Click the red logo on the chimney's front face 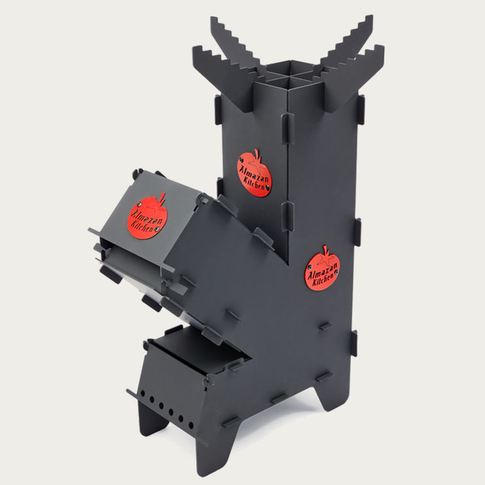[x=254, y=174]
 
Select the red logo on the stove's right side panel [x=323, y=269]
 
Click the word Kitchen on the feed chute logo [x=142, y=226]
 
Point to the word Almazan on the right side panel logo [x=321, y=269]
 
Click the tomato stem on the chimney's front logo [x=257, y=154]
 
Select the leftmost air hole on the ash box [x=143, y=393]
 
